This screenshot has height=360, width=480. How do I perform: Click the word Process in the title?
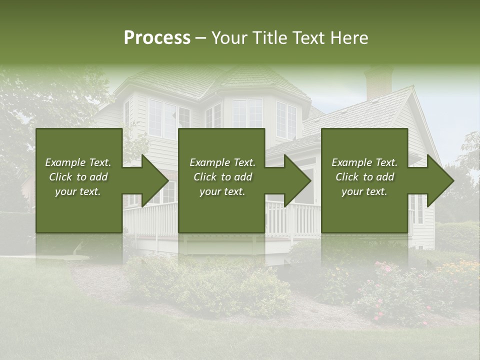pos(157,38)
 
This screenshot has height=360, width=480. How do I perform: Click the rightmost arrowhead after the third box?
pos(439,180)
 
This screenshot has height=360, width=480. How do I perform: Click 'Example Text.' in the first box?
pos(78,162)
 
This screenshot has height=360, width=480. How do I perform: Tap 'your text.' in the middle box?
pos(222,191)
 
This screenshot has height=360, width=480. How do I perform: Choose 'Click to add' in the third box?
pos(364,177)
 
